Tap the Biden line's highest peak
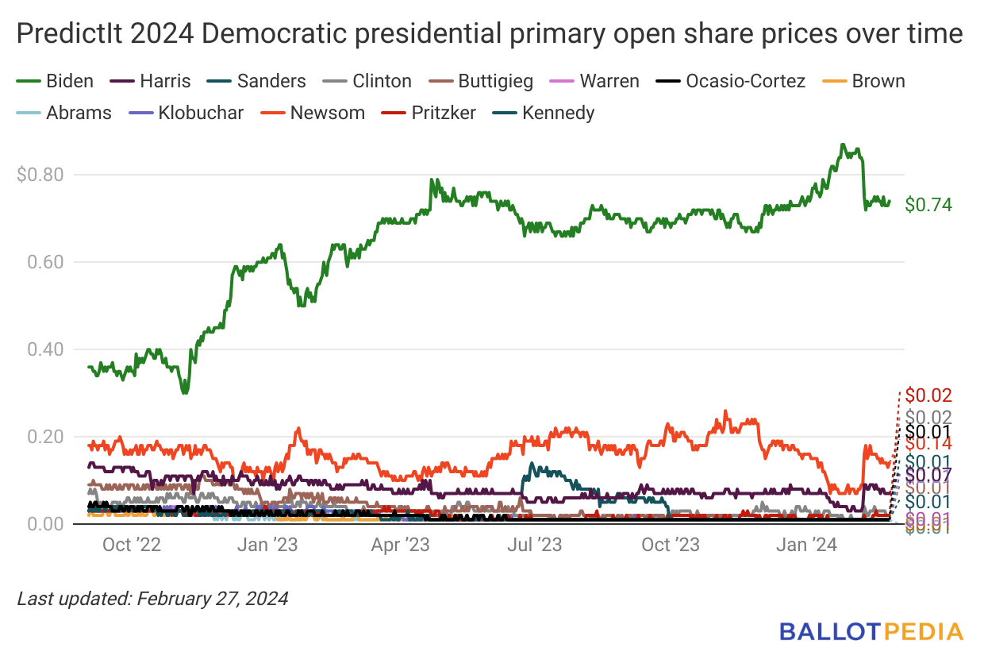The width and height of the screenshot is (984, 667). [x=843, y=145]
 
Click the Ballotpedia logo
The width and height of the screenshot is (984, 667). [x=871, y=632]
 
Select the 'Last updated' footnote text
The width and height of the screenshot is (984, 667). [x=152, y=598]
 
